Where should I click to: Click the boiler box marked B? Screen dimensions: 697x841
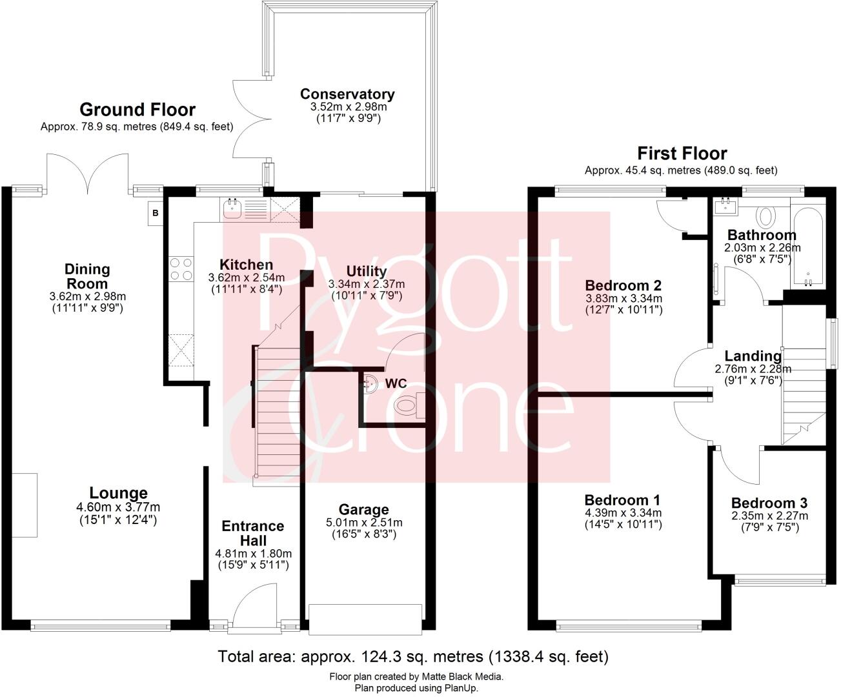coord(155,212)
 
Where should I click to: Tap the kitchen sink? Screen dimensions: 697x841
coord(232,208)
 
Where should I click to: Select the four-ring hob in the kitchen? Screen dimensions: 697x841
coord(181,269)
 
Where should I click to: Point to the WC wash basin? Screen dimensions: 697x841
coord(370,382)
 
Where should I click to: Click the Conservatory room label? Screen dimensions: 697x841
coord(347,94)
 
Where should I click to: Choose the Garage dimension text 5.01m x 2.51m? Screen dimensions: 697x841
coord(364,523)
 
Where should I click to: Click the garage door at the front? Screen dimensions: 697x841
coord(365,619)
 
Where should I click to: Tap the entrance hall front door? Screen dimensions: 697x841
coord(255,607)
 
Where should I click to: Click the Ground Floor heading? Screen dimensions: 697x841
coord(137,110)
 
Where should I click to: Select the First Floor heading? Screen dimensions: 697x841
coord(682,154)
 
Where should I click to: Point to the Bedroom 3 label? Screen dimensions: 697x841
coord(769,503)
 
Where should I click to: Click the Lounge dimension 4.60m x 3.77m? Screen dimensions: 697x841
coord(118,507)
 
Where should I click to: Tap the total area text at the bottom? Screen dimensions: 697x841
coord(413,657)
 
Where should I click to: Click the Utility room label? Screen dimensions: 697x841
coord(366,271)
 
